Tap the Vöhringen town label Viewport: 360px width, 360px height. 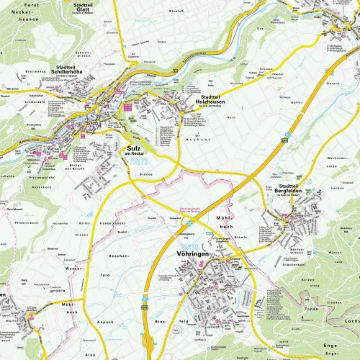click(x=193, y=251)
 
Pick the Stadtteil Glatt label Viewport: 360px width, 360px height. click(x=77, y=8)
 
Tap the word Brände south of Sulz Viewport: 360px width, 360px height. click(x=146, y=175)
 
